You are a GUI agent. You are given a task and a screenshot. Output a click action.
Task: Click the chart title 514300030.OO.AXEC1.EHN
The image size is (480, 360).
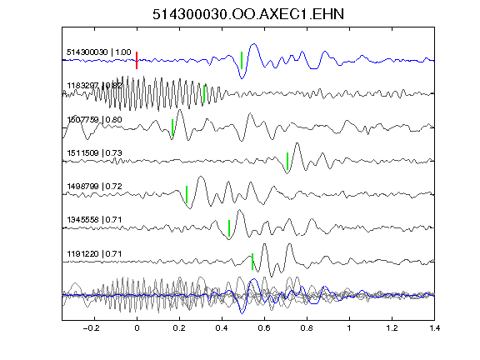(x=248, y=14)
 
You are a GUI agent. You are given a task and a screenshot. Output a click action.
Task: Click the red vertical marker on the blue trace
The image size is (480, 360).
(x=137, y=60)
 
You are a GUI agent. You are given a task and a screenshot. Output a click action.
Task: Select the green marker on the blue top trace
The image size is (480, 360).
(x=242, y=60)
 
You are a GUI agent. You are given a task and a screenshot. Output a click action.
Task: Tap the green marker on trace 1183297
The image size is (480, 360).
(x=204, y=93)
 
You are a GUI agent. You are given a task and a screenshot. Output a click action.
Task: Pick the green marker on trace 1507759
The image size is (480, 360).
(x=172, y=127)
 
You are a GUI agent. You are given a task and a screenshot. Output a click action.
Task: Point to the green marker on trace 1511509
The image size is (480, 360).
(x=287, y=161)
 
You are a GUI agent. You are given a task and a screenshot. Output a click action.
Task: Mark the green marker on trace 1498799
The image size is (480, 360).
(x=187, y=194)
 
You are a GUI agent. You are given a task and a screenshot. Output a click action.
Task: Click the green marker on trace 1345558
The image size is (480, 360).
(x=229, y=228)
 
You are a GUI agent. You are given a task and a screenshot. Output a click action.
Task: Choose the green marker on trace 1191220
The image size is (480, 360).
(x=252, y=262)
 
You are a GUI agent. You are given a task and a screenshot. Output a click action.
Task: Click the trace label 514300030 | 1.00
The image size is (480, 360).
(x=99, y=52)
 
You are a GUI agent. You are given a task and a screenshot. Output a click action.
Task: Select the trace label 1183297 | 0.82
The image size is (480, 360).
(x=94, y=86)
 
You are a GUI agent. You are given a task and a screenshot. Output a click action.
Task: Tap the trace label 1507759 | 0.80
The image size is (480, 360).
(x=94, y=119)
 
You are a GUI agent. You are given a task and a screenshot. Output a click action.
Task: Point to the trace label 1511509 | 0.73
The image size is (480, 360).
(x=94, y=152)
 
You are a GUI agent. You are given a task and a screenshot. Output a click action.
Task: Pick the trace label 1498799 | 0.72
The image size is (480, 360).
(x=94, y=187)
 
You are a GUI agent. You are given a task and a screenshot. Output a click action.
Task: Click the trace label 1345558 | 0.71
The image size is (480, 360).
(x=94, y=220)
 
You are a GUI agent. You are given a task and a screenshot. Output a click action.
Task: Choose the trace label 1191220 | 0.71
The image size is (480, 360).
(x=94, y=254)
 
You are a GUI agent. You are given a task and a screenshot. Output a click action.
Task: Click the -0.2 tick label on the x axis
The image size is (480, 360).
(x=91, y=328)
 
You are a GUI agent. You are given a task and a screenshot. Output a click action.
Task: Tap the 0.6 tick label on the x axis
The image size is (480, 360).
(x=264, y=328)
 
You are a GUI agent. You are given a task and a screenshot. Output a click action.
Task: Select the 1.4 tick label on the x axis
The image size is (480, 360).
(x=434, y=328)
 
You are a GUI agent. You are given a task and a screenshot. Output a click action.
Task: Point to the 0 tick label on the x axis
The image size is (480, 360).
(x=137, y=328)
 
